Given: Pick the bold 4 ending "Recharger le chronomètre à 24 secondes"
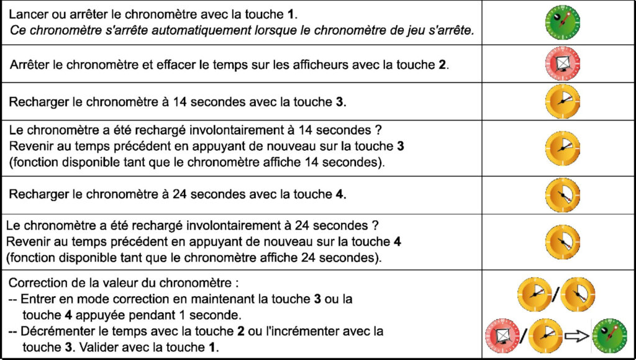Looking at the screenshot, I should coord(339,194).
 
